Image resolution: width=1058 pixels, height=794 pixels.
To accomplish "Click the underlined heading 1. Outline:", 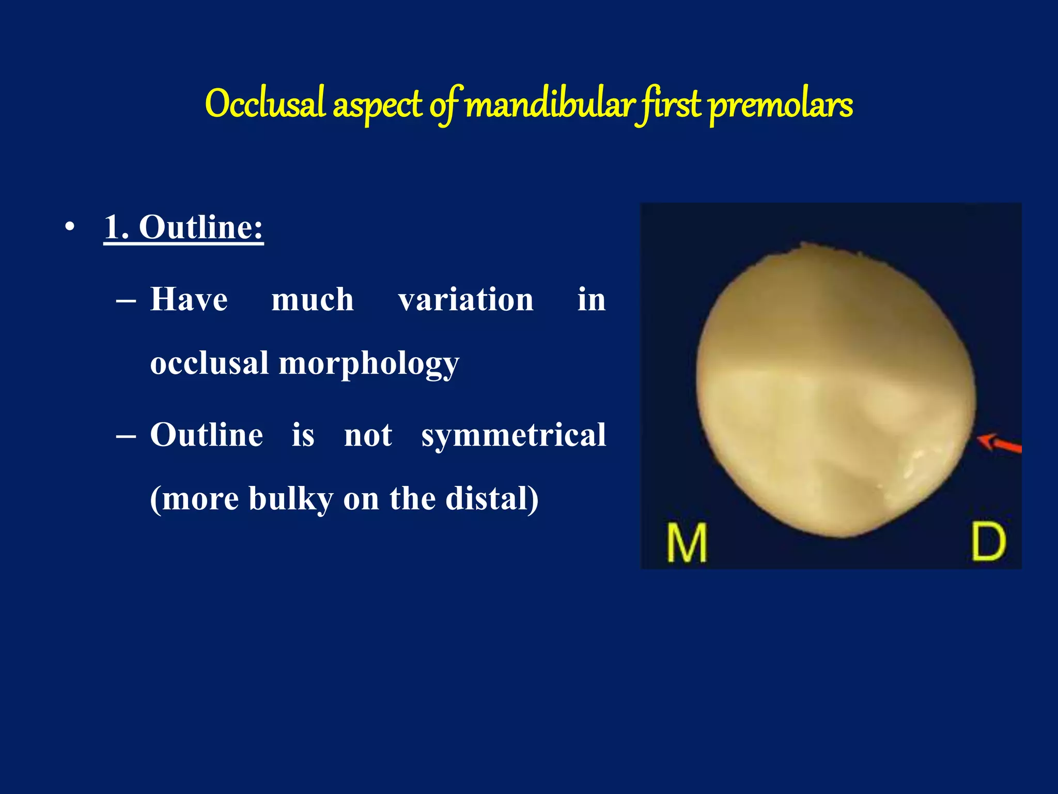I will tap(184, 227).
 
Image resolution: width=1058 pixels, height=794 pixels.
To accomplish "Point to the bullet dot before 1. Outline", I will tap(70, 227).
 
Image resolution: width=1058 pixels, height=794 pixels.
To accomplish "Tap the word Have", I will tap(189, 300).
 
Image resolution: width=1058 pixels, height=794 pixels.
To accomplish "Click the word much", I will tap(313, 300).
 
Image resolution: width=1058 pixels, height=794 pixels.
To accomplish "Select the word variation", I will tap(465, 300).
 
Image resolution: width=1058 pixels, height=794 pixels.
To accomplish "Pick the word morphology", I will tap(369, 364).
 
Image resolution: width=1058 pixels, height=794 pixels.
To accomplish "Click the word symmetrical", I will tap(514, 435).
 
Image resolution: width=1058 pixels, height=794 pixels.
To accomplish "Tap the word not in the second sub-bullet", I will tap(368, 435).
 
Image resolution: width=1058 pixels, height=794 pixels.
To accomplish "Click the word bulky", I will tap(290, 499).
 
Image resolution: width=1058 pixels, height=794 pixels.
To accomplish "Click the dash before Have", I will tap(126, 301).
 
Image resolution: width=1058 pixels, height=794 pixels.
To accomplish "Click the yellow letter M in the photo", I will tap(687, 542).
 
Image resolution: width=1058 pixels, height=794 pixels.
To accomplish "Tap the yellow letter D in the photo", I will tap(988, 541).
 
